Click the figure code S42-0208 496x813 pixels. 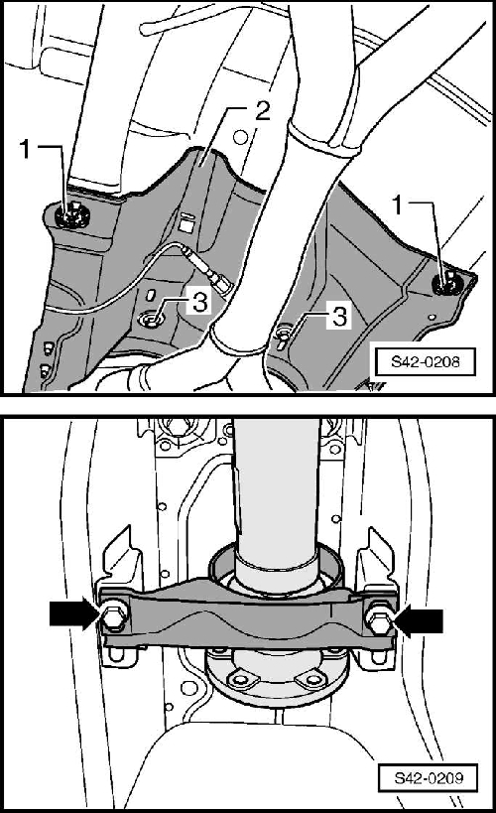click(425, 361)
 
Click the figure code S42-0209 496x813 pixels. click(429, 777)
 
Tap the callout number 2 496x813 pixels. click(263, 110)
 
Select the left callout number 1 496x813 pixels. click(26, 149)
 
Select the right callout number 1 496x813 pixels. click(398, 205)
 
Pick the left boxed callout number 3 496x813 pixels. click(199, 301)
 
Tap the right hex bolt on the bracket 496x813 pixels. click(379, 618)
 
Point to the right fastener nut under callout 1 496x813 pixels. click(444, 284)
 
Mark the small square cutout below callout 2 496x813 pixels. click(186, 226)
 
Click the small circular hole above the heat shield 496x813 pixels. click(239, 138)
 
